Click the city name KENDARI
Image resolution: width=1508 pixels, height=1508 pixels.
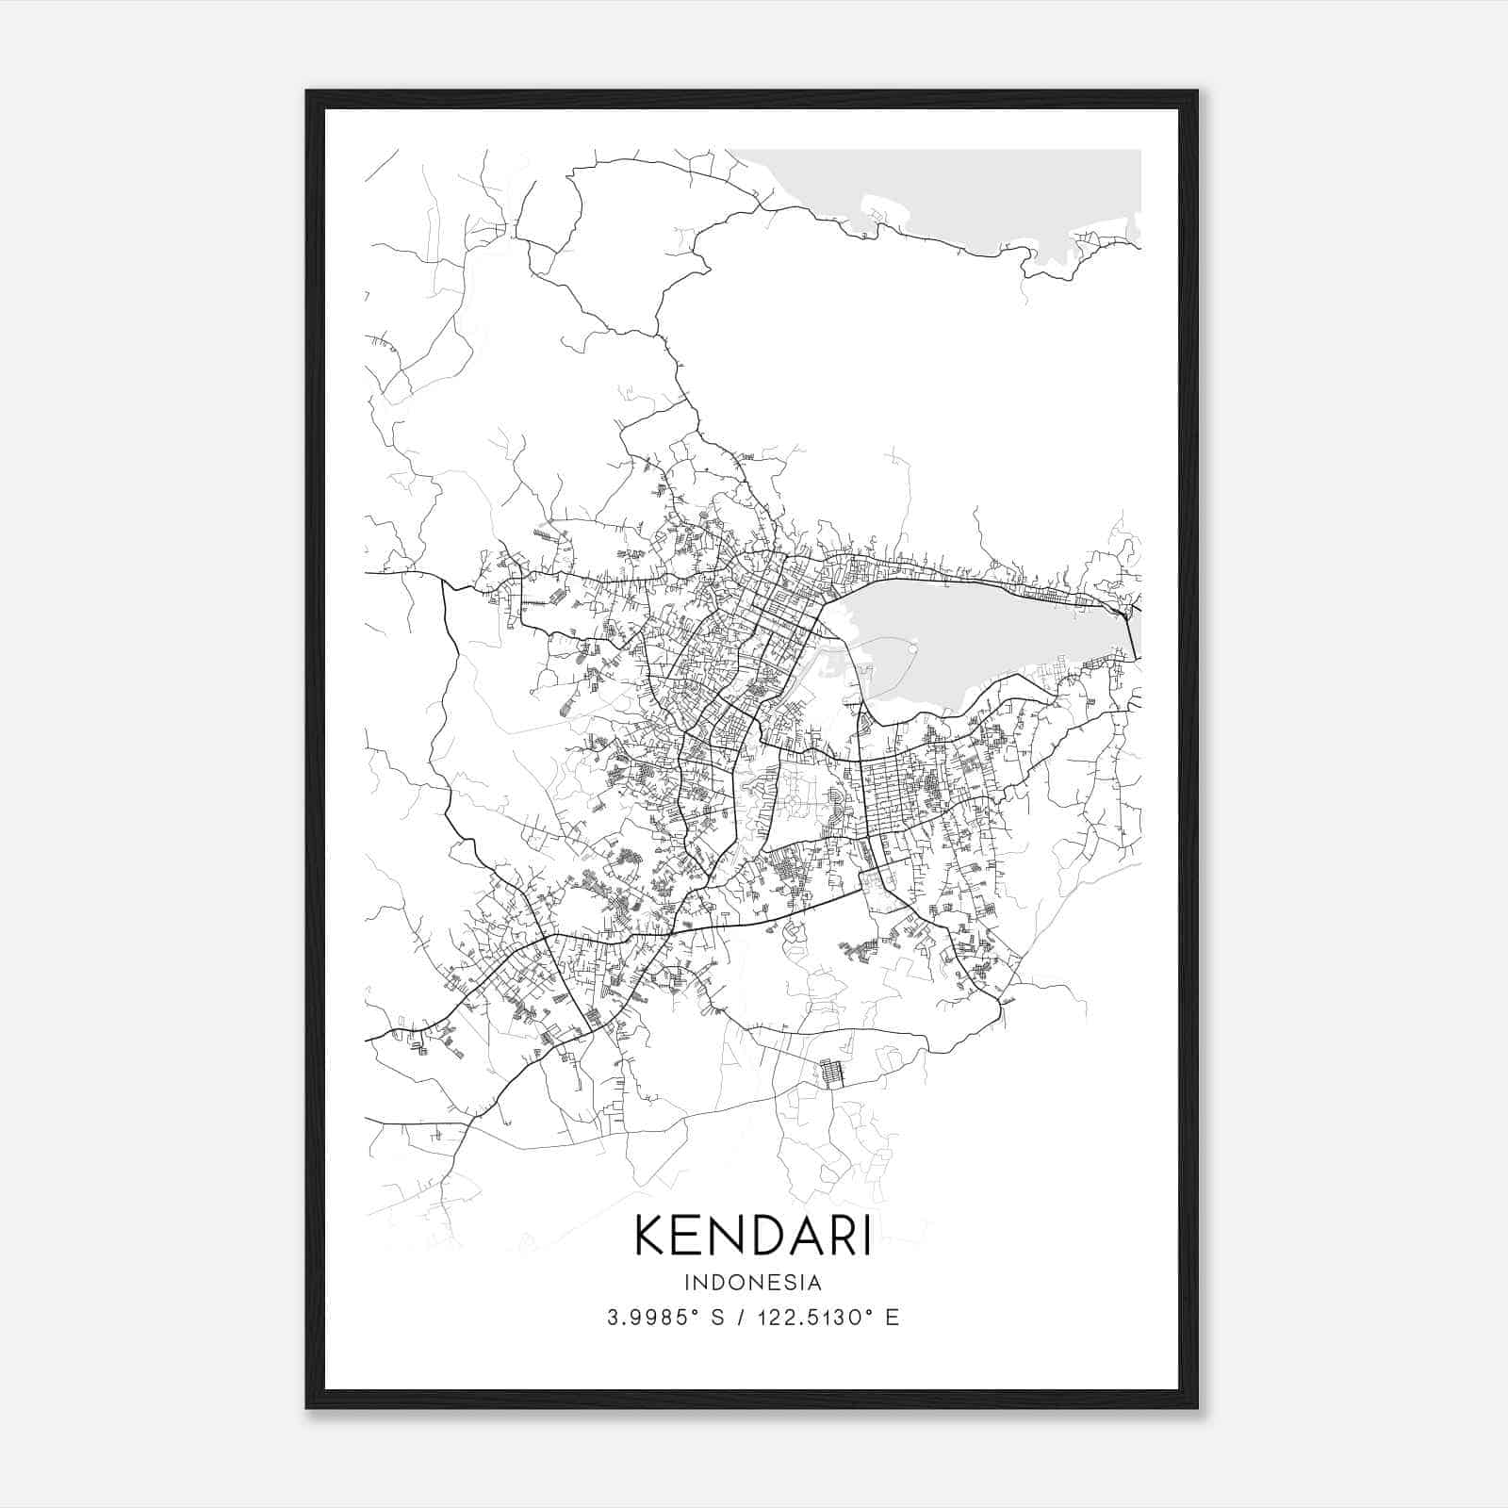[752, 1236]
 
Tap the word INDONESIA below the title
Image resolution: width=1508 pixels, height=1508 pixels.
[753, 1283]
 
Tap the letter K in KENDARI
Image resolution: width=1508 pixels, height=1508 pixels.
[652, 1236]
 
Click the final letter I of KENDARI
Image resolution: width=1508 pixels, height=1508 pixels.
[865, 1236]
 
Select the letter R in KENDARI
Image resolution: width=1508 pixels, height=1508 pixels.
[841, 1236]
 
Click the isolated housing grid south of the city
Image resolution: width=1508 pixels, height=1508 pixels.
[830, 1074]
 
